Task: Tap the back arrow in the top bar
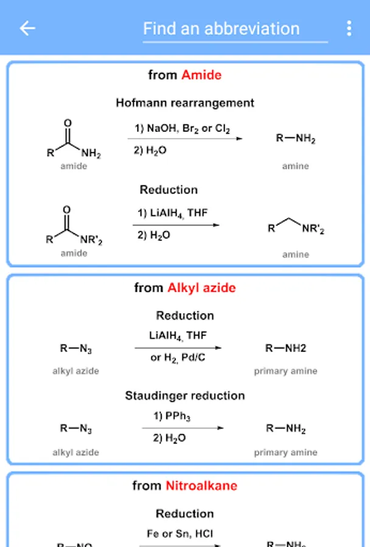pos(27,28)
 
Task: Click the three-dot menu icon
pos(349,28)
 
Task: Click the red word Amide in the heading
pos(201,75)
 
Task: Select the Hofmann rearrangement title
pos(185,103)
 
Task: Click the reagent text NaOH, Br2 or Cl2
pos(183,129)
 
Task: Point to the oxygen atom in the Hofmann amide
pos(68,123)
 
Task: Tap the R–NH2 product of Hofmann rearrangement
pos(296,139)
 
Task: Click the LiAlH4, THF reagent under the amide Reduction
pos(172,213)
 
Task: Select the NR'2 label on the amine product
pos(313,230)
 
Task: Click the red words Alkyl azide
pos(201,287)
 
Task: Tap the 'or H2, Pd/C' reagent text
pos(178,358)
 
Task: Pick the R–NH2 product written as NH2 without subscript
pos(285,348)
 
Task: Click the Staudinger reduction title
pos(185,396)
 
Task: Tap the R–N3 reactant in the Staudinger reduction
pos(76,429)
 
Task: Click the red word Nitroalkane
pos(201,486)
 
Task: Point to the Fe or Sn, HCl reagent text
pos(180,534)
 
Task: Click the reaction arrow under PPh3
pos(183,427)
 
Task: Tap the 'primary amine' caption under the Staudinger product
pos(285,452)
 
